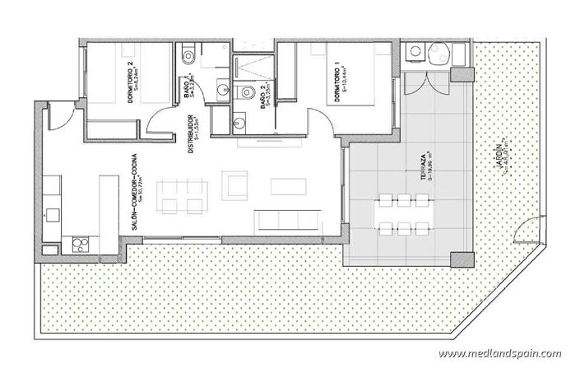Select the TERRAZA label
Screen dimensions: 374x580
tap(421, 168)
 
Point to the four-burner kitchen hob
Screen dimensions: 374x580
tap(81, 243)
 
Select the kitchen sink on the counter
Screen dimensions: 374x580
tap(53, 213)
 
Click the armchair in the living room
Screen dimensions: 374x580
tap(237, 187)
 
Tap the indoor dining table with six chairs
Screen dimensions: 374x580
tap(181, 194)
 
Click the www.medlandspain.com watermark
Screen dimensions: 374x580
tap(499, 354)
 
